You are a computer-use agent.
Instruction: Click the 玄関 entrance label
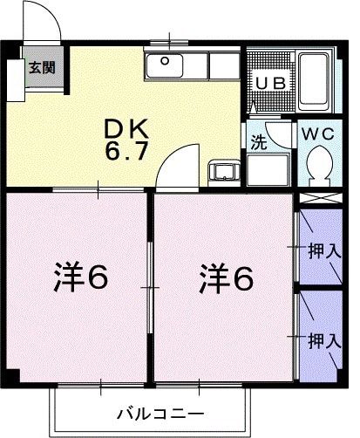point(39,68)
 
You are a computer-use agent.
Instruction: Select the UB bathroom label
point(268,82)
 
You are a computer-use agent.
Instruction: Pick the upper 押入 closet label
point(323,251)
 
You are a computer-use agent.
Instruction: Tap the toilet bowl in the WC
point(320,165)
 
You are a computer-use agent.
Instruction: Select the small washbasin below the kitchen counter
point(221,170)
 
